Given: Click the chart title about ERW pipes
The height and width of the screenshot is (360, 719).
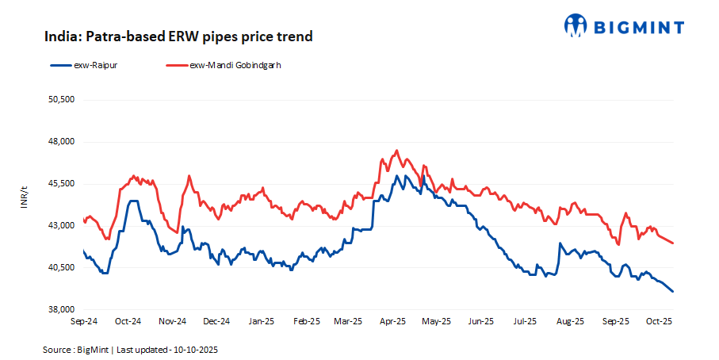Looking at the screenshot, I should pyautogui.click(x=178, y=36).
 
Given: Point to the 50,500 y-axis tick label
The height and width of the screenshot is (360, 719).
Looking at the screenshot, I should pyautogui.click(x=62, y=100).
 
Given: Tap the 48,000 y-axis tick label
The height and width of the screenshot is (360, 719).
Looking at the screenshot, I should pyautogui.click(x=62, y=142).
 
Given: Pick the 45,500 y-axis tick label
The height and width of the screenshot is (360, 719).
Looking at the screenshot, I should pyautogui.click(x=62, y=184).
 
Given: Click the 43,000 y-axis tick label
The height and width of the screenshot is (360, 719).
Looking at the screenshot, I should pyautogui.click(x=62, y=226).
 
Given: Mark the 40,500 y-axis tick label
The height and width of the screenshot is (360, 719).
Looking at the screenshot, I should pyautogui.click(x=62, y=268).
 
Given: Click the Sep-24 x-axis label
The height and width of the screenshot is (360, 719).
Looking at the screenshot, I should pyautogui.click(x=84, y=322).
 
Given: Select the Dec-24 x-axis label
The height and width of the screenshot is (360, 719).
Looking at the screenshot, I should pyautogui.click(x=216, y=322).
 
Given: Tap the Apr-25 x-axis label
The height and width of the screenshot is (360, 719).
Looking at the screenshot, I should pyautogui.click(x=393, y=322).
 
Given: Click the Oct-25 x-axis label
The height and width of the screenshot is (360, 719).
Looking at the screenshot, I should pyautogui.click(x=660, y=322).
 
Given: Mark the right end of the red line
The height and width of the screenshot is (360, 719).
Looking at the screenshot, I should pyautogui.click(x=673, y=243).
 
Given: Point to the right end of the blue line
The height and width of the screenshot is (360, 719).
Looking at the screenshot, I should pyautogui.click(x=673, y=292).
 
